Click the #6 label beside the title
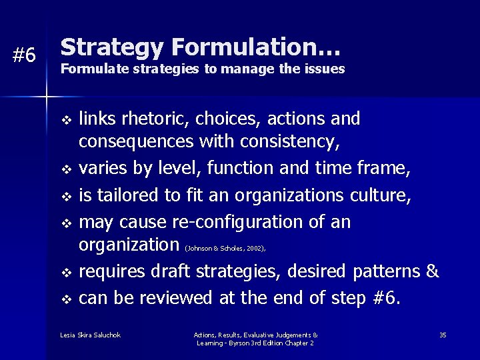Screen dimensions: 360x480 pyautogui.click(x=25, y=56)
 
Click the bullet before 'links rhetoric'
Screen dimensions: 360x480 pyautogui.click(x=65, y=121)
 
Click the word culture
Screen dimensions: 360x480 pyautogui.click(x=382, y=195)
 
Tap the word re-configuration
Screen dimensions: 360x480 pyautogui.click(x=241, y=221)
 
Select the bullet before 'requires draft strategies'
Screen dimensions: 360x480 pyautogui.click(x=65, y=273)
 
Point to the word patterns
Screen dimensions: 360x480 pyautogui.click(x=386, y=271)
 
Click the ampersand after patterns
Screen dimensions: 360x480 pyautogui.click(x=433, y=271)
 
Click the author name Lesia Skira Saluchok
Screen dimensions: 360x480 pyautogui.click(x=90, y=335)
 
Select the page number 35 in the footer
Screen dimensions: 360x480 pyautogui.click(x=443, y=335)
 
